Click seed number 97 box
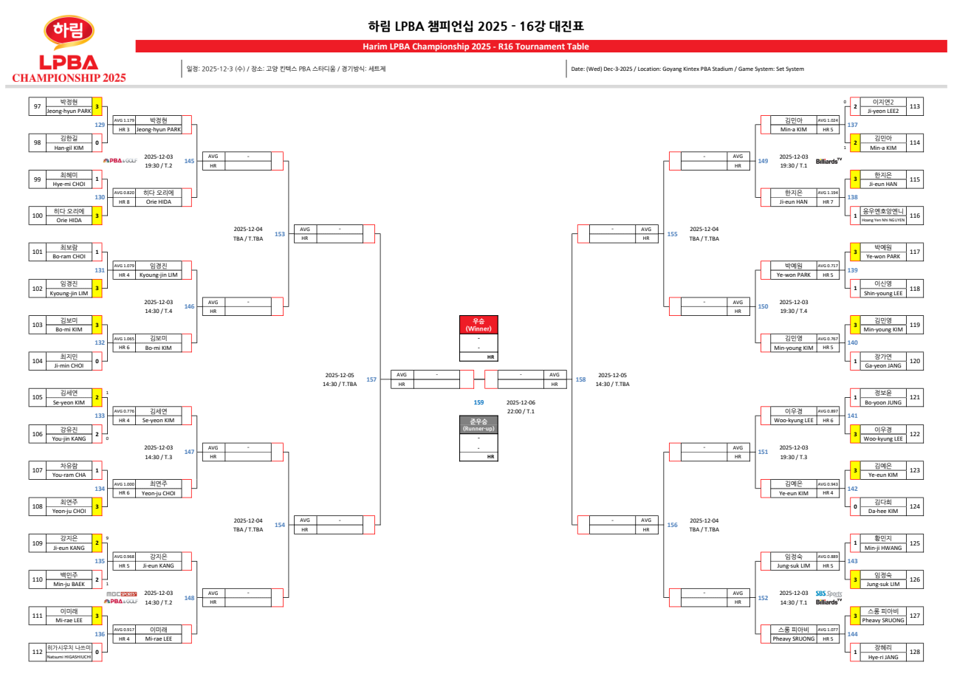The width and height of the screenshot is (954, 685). point(37,106)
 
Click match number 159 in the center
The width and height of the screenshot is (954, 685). point(478,402)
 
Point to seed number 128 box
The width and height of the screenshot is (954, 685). point(915,652)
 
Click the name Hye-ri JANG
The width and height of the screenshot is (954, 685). point(883,657)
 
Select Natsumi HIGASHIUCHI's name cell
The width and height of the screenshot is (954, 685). point(69,656)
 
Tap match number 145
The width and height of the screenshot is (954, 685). point(189,161)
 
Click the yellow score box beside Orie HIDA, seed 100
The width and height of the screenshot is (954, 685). point(97,216)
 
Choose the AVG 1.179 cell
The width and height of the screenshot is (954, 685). point(124,120)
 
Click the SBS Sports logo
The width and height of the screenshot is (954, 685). point(828,593)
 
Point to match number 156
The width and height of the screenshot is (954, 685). point(672,525)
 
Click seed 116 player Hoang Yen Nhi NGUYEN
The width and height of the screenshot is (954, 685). point(883,220)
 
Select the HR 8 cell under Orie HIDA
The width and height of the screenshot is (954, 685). point(124,202)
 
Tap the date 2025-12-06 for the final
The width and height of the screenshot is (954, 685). point(521,402)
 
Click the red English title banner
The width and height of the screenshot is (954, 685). point(541,47)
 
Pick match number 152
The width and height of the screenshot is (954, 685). point(763,598)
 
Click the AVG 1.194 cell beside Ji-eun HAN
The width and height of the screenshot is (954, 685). point(828,193)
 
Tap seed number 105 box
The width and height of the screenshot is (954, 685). point(37,397)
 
